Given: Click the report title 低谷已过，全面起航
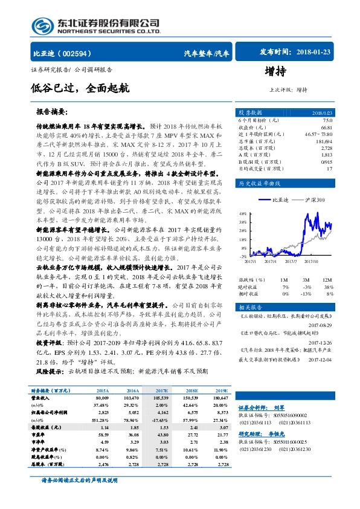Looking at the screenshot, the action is coord(80,88).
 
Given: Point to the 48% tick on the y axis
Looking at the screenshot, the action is coord(242,213).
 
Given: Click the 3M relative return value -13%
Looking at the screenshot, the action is coord(307,293).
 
